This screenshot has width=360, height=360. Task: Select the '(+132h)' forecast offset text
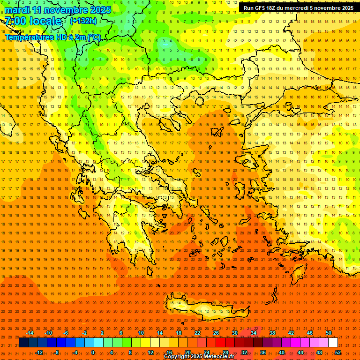coord(83,21)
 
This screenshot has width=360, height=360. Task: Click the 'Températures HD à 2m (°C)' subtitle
coord(52,37)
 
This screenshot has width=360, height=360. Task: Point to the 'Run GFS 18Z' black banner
coord(298,8)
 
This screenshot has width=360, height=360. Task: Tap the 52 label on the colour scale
coord(338,352)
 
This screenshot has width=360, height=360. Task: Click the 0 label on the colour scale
coord(93,352)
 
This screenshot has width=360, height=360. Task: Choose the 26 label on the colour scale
coord(216,333)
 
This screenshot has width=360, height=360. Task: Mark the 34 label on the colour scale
coord(254,333)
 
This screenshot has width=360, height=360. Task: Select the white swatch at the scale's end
coord(333,343)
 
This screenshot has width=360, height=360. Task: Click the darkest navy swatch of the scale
coord(23,343)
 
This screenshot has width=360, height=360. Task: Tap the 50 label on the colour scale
coord(329,333)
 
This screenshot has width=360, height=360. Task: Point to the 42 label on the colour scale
coord(291,333)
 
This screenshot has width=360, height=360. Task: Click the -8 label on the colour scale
coord(56,352)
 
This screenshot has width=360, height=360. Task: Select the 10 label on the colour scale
coord(141,333)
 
